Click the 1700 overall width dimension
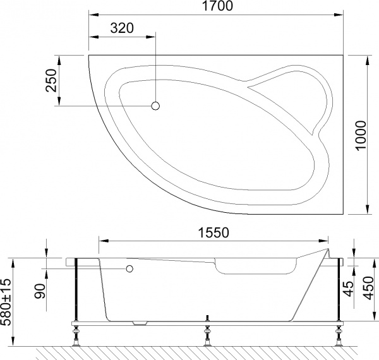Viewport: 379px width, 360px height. point(217,8)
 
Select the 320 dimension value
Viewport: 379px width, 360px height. point(122,29)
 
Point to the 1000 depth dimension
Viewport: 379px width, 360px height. point(361,135)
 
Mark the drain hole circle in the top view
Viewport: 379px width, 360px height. point(155,107)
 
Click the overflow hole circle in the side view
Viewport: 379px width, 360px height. point(130,269)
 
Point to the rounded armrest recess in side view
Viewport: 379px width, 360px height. point(256,267)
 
